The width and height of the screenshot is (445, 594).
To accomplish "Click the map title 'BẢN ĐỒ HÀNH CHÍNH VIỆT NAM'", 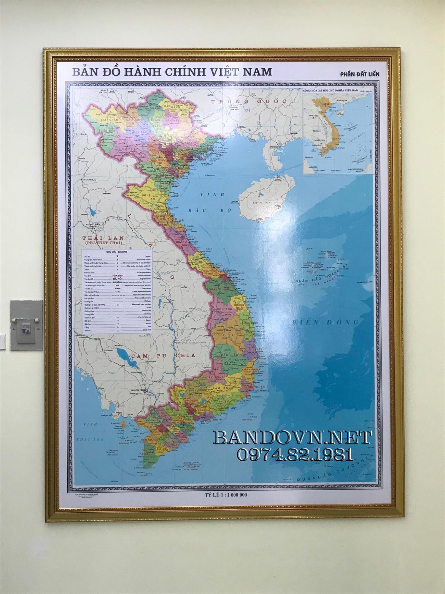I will pyautogui.click(x=172, y=72).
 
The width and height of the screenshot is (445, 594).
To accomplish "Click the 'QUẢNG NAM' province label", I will pyautogui.click(x=219, y=289).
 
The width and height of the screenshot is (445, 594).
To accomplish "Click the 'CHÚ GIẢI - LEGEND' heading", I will pyautogui.click(x=117, y=252).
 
